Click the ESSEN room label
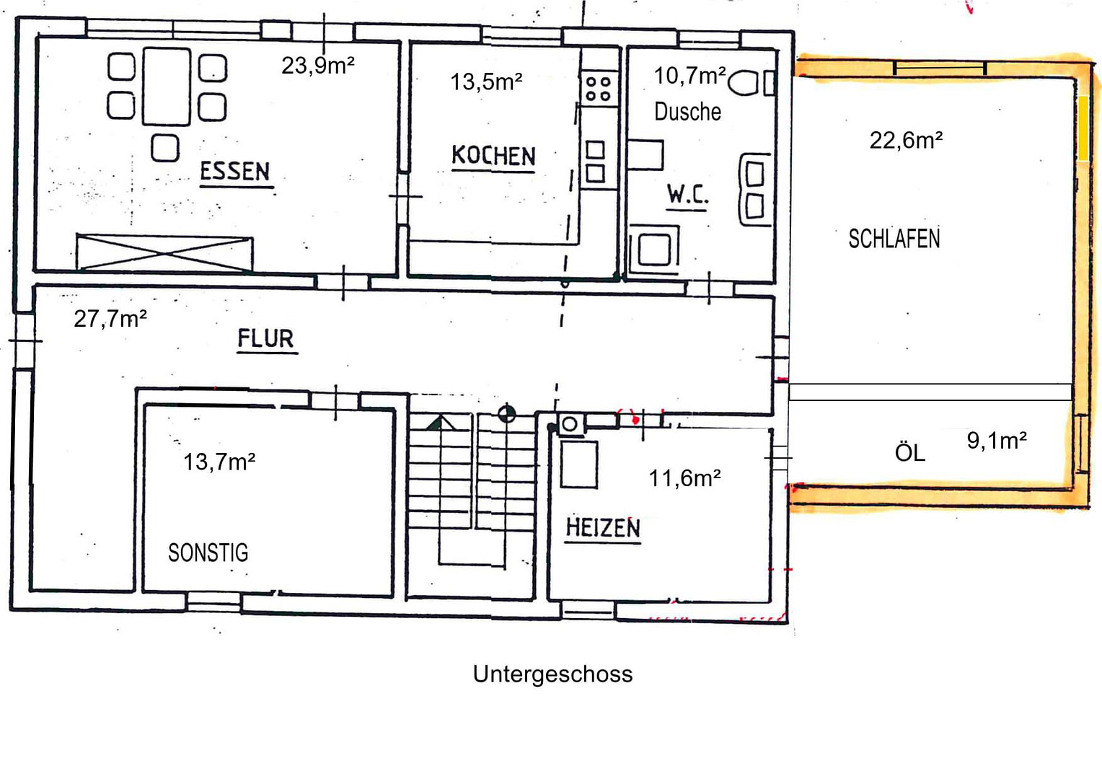235,172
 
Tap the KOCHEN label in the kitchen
493,156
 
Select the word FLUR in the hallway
265,338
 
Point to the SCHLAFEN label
894,239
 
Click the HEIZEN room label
603,527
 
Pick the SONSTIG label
208,553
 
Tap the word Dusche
687,112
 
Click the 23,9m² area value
318,66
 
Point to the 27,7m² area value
110,319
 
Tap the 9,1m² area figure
997,441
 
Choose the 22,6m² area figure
907,140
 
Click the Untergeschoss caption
552,674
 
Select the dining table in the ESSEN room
167,87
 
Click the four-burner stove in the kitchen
599,89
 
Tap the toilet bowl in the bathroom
743,82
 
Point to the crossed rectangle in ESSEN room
164,253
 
